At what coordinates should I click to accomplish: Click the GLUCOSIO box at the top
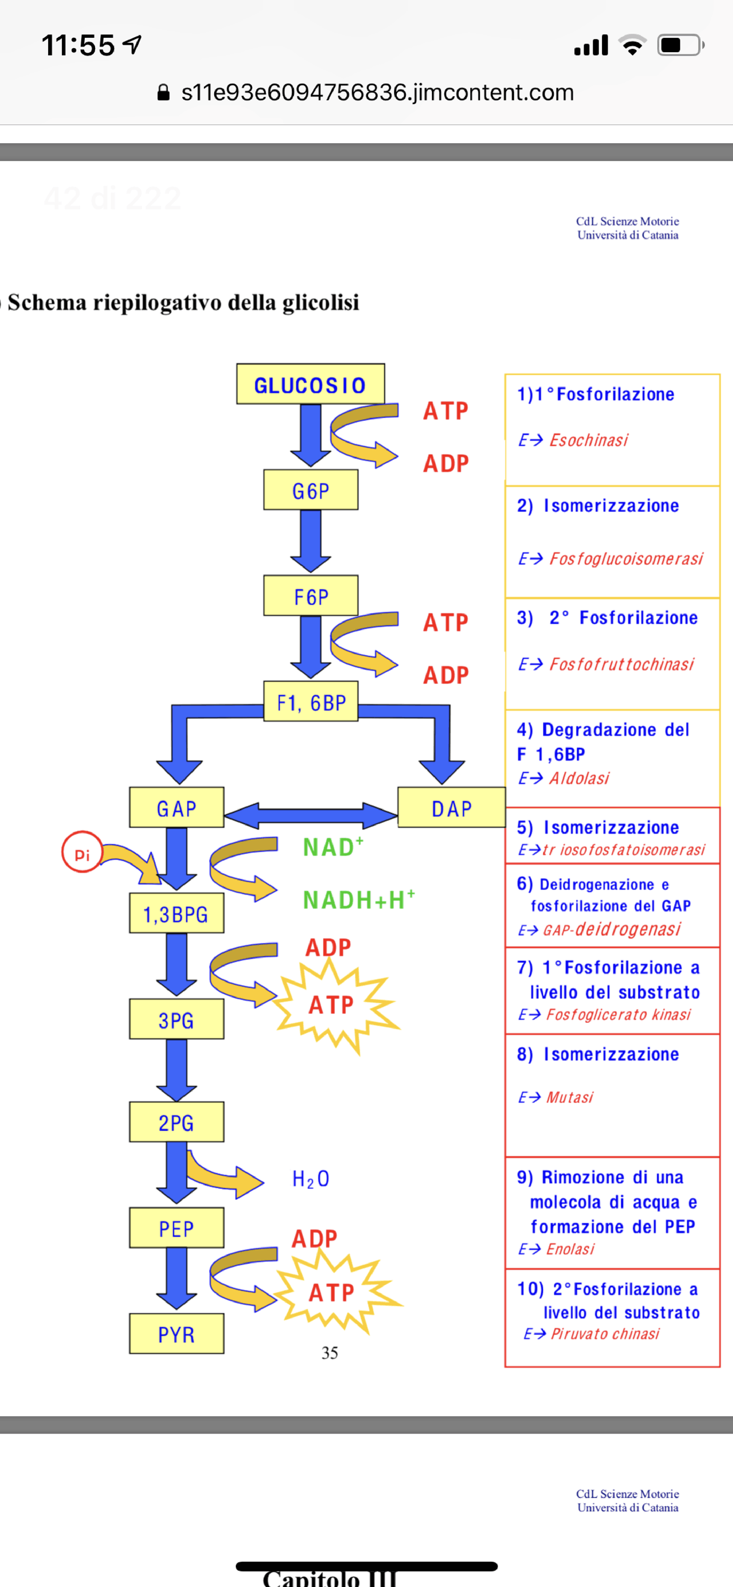(310, 384)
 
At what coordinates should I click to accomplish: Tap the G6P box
(310, 490)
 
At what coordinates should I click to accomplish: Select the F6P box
(310, 596)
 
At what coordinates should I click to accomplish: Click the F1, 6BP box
(310, 702)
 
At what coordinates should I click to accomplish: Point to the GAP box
(176, 808)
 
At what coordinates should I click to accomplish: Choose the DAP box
(451, 808)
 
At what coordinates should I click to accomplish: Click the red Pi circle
(82, 853)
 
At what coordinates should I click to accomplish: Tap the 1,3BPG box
(176, 913)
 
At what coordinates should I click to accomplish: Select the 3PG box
(176, 1019)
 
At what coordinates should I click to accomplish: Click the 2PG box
(176, 1123)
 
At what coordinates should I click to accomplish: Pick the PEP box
(176, 1228)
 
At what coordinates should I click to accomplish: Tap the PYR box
(176, 1334)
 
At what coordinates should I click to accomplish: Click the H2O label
(310, 1179)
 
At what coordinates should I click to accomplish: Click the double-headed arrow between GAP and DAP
(310, 815)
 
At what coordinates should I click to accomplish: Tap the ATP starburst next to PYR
(333, 1292)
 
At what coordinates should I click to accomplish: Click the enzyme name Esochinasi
(588, 440)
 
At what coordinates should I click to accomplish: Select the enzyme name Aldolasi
(579, 778)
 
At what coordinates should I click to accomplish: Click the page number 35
(329, 1353)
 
